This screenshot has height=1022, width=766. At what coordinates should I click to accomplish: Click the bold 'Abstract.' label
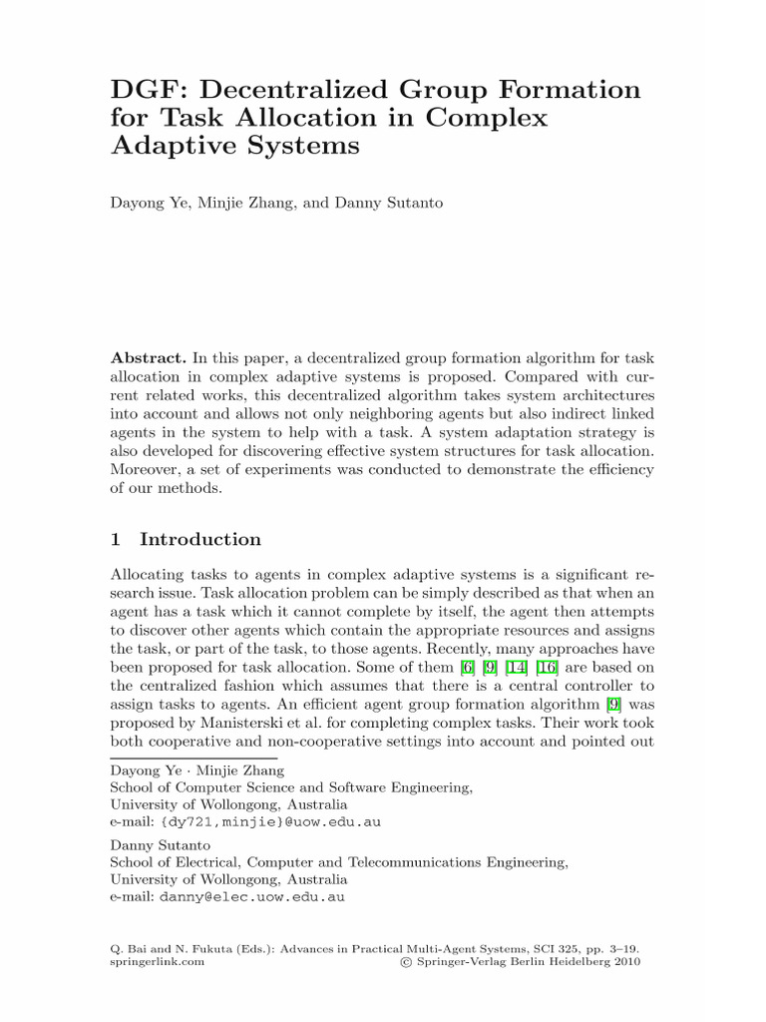pos(147,358)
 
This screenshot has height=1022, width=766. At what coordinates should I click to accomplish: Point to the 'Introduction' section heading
pos(200,540)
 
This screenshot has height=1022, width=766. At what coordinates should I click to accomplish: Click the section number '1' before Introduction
pos(116,540)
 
